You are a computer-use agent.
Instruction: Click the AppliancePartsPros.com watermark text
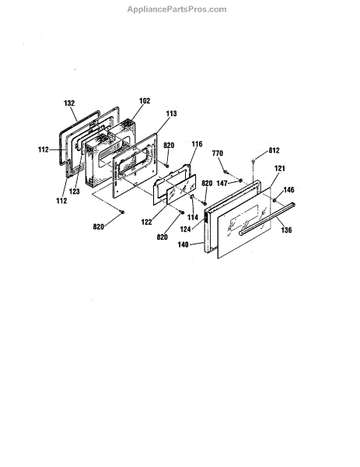[177, 9]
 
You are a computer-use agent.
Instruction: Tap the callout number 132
[69, 103]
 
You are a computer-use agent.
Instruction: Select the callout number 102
[145, 100]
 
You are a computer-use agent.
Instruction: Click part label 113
[171, 114]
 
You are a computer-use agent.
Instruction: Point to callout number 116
[197, 144]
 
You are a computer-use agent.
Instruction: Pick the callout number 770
[218, 153]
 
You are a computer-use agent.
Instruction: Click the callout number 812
[274, 150]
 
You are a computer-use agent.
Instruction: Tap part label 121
[279, 168]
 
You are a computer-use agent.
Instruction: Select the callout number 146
[288, 190]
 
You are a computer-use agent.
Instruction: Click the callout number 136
[286, 230]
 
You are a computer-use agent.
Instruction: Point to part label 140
[183, 244]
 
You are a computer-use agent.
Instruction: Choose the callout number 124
[185, 230]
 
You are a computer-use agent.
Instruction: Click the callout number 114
[193, 217]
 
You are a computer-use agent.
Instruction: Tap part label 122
[146, 222]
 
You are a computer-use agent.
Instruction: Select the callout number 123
[75, 191]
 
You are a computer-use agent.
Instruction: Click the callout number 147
[222, 183]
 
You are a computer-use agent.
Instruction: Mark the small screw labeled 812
[253, 161]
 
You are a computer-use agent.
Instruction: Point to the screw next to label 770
[225, 171]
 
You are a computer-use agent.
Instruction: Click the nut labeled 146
[274, 200]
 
